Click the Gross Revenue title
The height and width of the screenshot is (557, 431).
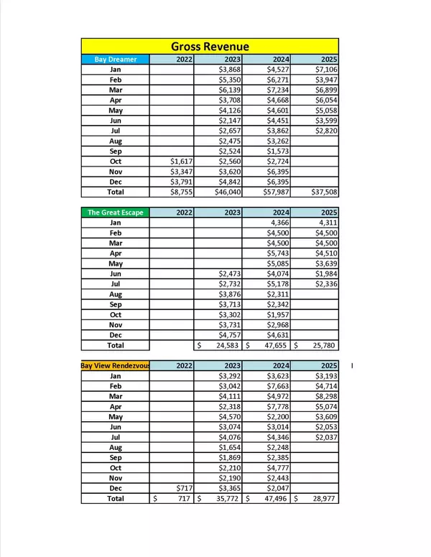[210, 47]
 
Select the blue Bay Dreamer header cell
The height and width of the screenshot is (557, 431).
[115, 60]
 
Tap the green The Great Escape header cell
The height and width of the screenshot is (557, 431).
[115, 212]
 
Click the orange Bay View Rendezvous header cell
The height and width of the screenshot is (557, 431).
[115, 365]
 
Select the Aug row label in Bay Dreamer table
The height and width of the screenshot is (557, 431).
[115, 141]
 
